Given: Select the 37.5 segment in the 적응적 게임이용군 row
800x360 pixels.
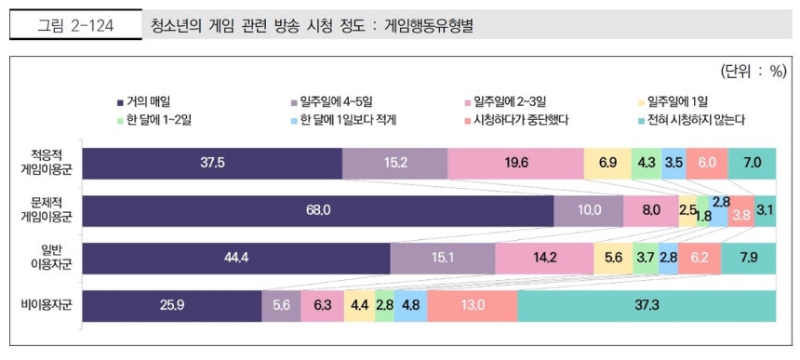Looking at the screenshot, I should point(212,162).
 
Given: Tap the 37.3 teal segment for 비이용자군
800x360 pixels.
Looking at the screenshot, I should point(647,305).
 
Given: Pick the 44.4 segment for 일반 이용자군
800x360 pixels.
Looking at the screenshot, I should point(236,258).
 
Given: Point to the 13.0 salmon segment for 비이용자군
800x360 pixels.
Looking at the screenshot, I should point(473,305).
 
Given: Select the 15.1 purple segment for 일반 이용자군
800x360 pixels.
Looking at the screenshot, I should point(443,258).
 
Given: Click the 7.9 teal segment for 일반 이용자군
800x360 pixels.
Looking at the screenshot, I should point(747,258).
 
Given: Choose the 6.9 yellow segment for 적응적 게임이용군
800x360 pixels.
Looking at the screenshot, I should point(607,162).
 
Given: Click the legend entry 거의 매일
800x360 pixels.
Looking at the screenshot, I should point(144,100).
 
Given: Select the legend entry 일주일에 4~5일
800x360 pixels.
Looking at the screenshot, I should point(331,100).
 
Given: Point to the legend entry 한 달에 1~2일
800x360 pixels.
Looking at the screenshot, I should point(154,119).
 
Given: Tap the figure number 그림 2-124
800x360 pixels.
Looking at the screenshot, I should point(75,26).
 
